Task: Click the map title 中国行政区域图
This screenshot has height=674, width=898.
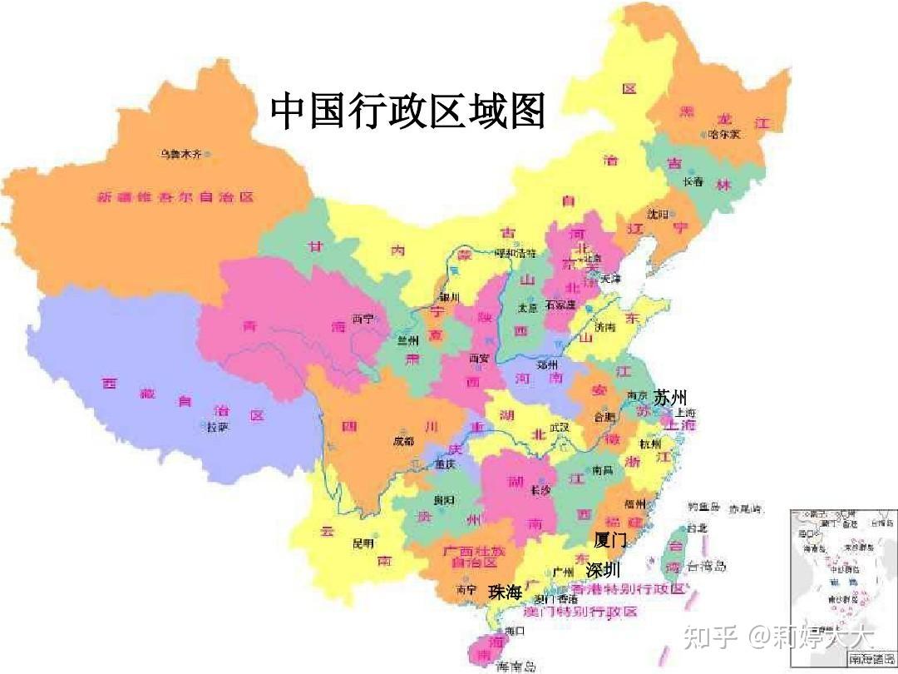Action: coord(407,111)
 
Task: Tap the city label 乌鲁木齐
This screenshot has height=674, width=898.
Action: coord(181,154)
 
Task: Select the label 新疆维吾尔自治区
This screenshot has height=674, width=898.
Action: coord(175,197)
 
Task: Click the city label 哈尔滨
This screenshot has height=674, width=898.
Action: coord(723,134)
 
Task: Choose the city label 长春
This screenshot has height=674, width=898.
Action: coord(693,181)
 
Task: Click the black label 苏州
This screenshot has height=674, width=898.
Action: coord(670,396)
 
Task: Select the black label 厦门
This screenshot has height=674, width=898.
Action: coord(610,539)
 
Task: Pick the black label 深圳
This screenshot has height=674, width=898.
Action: coord(603,570)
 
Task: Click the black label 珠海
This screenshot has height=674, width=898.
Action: coord(505,592)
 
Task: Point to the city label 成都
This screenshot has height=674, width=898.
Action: coord(403,441)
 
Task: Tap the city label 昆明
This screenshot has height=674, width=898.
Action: coord(363,543)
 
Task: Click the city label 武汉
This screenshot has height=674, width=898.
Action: coord(559,427)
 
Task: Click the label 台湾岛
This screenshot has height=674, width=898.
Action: coord(707,567)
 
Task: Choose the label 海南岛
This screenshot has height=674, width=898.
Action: coord(516,666)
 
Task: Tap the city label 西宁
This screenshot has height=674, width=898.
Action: coord(363,319)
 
